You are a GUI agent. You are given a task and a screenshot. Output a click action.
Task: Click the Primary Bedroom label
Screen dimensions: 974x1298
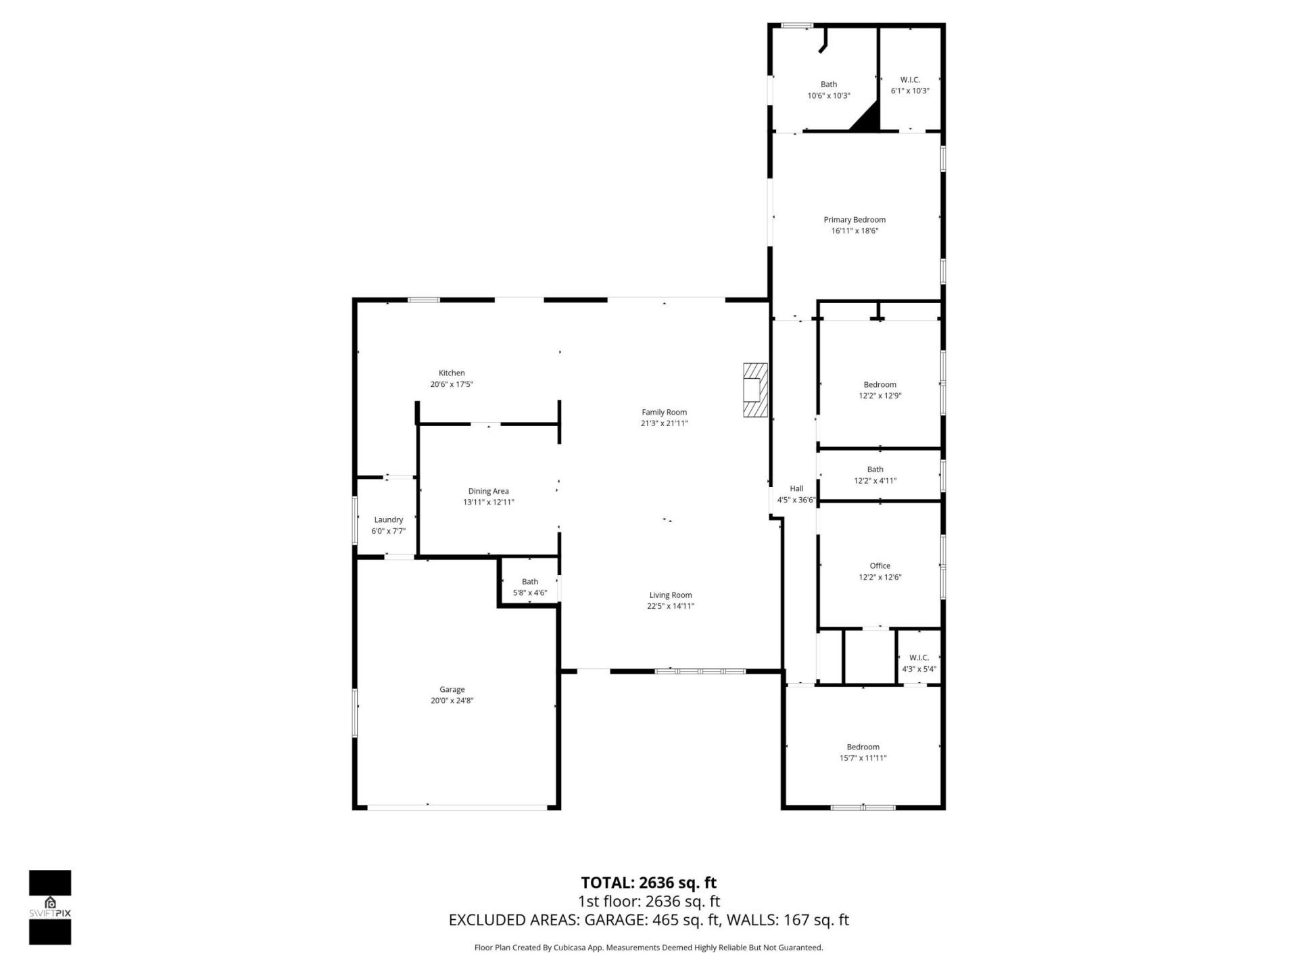pyautogui.click(x=855, y=220)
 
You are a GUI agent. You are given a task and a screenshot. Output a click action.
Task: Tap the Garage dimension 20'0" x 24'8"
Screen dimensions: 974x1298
pyautogui.click(x=452, y=701)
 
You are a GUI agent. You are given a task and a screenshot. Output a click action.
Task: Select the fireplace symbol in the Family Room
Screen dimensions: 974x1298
pyautogui.click(x=755, y=391)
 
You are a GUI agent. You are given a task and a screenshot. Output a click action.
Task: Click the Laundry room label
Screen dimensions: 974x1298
pyautogui.click(x=388, y=519)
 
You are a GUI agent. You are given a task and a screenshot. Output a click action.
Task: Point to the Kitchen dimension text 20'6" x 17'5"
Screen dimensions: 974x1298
pyautogui.click(x=452, y=384)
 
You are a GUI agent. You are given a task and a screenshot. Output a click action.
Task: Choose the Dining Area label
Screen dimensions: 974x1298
pyautogui.click(x=488, y=491)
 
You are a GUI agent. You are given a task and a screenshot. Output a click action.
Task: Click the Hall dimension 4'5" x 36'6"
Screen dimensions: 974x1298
pyautogui.click(x=796, y=501)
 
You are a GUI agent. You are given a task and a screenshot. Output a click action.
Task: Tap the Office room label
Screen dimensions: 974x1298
pyautogui.click(x=880, y=566)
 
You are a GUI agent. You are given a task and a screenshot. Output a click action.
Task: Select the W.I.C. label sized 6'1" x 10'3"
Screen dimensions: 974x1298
pyautogui.click(x=910, y=80)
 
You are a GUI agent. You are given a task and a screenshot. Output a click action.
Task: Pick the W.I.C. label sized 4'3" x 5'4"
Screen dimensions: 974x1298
pyautogui.click(x=919, y=657)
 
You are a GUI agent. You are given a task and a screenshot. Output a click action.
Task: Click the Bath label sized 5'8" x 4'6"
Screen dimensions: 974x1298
pyautogui.click(x=530, y=582)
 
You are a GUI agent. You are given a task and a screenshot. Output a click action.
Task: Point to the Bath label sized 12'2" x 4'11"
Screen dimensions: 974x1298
pyautogui.click(x=875, y=469)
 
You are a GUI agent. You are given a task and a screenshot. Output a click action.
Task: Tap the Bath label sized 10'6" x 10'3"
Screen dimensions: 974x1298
pyautogui.click(x=829, y=85)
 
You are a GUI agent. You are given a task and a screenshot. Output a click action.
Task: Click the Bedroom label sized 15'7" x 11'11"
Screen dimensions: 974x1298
pyautogui.click(x=863, y=747)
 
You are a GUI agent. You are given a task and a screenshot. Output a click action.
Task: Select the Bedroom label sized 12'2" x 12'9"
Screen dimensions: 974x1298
pyautogui.click(x=880, y=385)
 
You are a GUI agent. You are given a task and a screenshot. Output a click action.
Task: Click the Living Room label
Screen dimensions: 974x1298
pyautogui.click(x=671, y=595)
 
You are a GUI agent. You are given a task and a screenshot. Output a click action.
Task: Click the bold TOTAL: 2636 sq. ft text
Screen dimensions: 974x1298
pyautogui.click(x=648, y=883)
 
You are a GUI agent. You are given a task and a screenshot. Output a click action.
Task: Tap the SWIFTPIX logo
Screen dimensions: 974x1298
pyautogui.click(x=50, y=907)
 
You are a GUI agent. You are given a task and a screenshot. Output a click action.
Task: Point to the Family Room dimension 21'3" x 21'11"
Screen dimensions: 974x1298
pyautogui.click(x=664, y=423)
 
